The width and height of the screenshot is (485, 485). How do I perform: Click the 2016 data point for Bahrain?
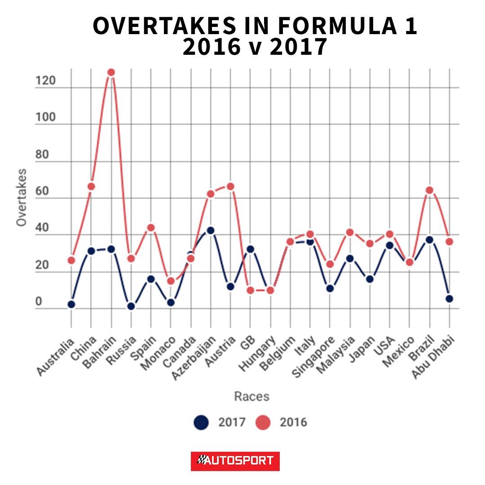pos(111,72)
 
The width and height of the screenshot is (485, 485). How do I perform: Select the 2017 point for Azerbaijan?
pos(211,230)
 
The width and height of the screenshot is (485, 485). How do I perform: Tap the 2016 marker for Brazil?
pos(429,190)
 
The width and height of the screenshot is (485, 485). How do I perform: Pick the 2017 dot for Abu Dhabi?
pos(450,299)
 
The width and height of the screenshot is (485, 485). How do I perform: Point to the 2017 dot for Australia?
pos(71,304)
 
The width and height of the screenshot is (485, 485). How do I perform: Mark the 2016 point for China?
pos(91,186)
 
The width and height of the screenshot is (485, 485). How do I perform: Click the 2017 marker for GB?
pos(251,249)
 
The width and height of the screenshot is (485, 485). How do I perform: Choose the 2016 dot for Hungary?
pos(270,291)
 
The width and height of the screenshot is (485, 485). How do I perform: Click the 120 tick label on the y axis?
pos(45,81)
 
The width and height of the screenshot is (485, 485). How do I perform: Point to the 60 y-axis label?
pos(42,191)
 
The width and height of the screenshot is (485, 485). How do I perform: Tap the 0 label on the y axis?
pos(39,301)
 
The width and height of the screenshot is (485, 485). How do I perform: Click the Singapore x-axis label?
pos(313,357)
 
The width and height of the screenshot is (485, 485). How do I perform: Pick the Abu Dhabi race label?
pos(433,357)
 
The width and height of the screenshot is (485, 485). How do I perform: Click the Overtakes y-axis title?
pos(22,197)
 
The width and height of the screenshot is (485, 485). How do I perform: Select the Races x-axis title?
pos(252,396)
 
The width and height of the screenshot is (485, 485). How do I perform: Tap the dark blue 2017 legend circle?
pos(201,422)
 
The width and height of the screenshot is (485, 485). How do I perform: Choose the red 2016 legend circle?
pos(263,422)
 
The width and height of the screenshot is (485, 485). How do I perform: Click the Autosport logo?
pos(235,461)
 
